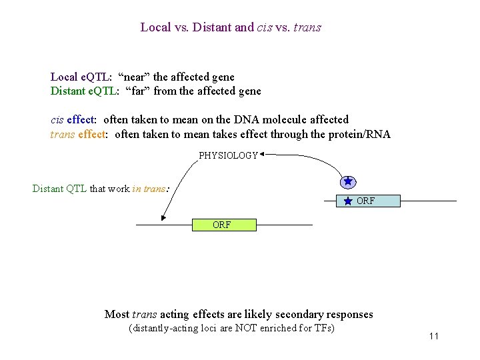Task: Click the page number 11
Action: (433, 336)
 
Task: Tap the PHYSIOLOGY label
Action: (228, 155)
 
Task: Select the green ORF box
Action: (224, 225)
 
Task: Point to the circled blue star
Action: (347, 181)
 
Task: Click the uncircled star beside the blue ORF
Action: (347, 201)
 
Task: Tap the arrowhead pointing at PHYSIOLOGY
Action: (262, 155)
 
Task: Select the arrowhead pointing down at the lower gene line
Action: (163, 217)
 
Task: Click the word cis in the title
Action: (265, 27)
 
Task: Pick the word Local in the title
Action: (155, 27)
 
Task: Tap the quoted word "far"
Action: (137, 91)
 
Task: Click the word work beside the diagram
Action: (117, 189)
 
